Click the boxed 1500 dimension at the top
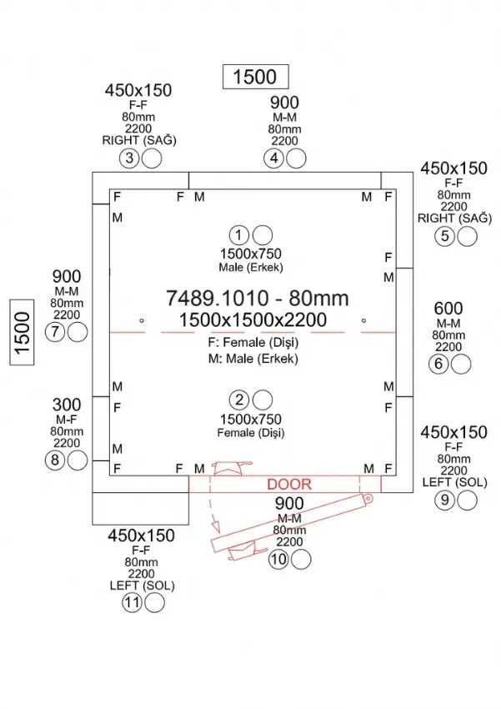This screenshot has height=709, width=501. tap(254, 77)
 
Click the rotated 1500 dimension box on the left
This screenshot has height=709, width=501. tap(22, 331)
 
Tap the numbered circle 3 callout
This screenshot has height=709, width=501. tap(129, 158)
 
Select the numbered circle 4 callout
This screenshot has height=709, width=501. tap(274, 158)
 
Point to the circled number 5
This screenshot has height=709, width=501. tap(445, 236)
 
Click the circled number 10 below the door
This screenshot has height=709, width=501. tap(278, 559)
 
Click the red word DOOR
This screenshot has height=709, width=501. tap(289, 485)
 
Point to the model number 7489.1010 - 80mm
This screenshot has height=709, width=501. tap(257, 298)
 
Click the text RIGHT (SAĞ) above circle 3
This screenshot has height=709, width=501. tap(138, 140)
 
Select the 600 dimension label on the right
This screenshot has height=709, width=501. tap(448, 308)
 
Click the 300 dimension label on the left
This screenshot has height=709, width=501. tap(67, 404)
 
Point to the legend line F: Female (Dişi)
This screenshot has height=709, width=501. tap(254, 343)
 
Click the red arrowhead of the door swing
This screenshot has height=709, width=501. tap(214, 528)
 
